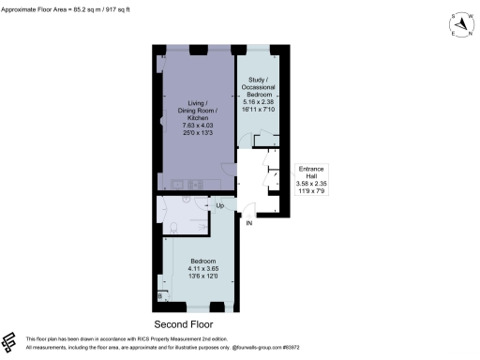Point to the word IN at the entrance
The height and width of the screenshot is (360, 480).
(x=248, y=224)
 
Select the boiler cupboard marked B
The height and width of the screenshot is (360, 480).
(x=160, y=296)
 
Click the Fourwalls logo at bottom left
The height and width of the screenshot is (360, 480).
(x=9, y=340)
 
